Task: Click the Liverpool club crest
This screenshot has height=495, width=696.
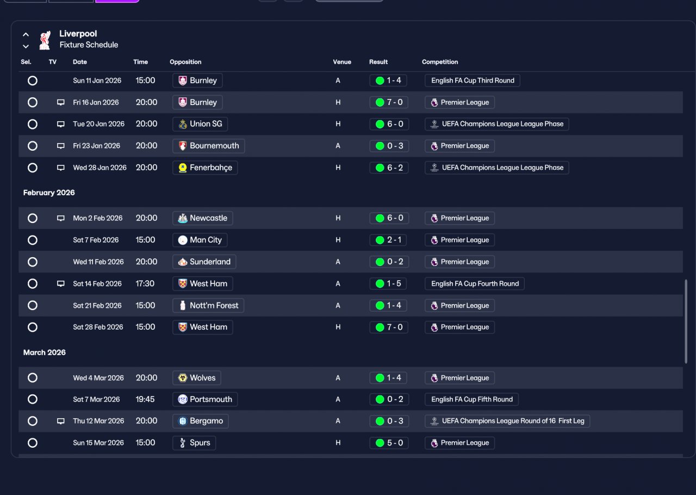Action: pos(45,40)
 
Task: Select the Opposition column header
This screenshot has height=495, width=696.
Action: pos(185,62)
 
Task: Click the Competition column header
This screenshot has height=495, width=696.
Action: pos(440,62)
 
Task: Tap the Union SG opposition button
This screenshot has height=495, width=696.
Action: pos(200,124)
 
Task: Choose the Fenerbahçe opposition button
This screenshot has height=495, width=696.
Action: pos(205,168)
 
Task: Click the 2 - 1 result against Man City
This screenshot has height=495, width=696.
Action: pos(388,240)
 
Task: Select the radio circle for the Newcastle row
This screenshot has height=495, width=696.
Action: pos(33,218)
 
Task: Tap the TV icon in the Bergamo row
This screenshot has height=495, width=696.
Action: pos(61,421)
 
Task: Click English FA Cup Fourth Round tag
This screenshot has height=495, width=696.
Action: pos(475,283)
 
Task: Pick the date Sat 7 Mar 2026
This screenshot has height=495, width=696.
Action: pos(96,399)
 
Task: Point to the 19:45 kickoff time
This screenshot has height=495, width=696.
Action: pos(145,399)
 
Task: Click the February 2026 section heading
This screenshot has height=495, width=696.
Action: pos(49,193)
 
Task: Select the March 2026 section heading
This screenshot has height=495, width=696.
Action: pos(45,352)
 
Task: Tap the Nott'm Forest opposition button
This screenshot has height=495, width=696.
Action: pos(208,305)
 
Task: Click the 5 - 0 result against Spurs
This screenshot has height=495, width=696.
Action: pos(389,443)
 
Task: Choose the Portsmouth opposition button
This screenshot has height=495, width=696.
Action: pos(205,399)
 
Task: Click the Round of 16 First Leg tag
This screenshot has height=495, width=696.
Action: pos(507,421)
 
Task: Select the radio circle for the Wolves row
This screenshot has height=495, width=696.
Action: pos(33,378)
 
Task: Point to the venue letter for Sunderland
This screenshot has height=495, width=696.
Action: pos(338,262)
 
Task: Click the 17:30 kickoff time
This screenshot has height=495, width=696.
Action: pos(145,283)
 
